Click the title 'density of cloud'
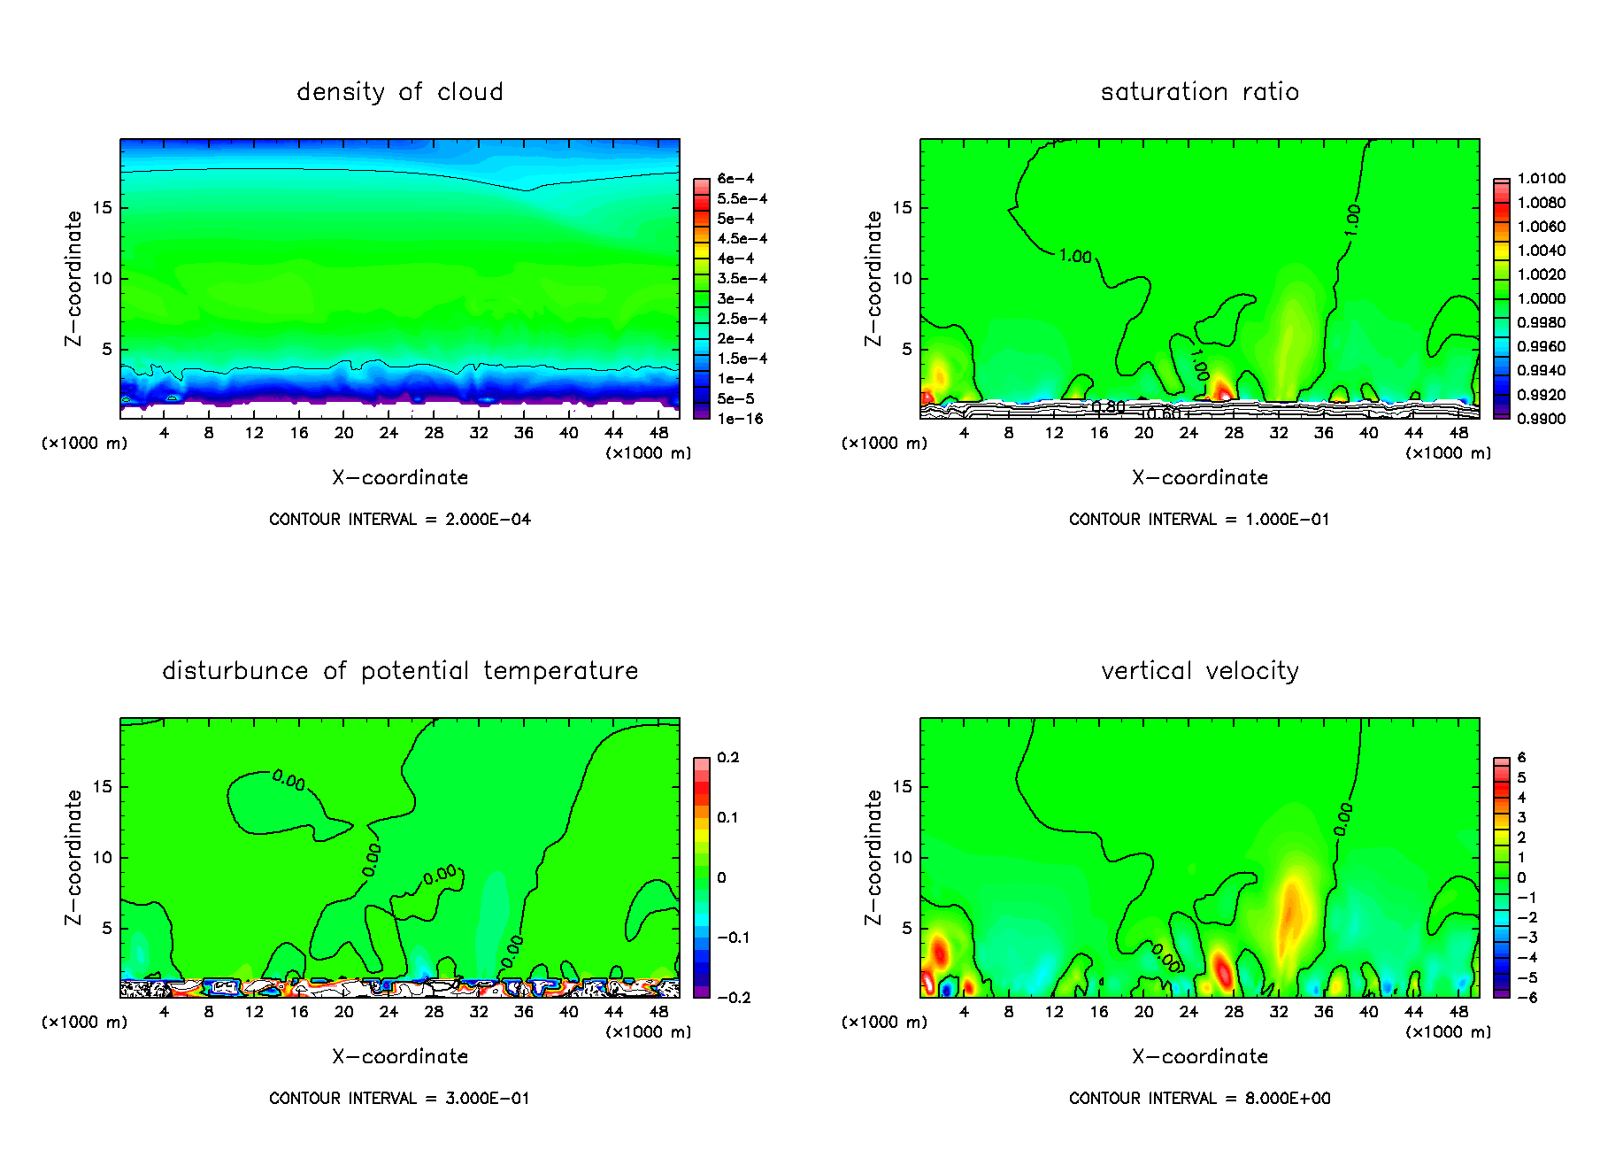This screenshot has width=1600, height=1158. [399, 92]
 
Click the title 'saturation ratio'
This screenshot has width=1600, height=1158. [1199, 92]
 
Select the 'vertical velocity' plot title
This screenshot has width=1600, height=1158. [1199, 671]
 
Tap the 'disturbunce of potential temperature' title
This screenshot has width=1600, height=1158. [399, 671]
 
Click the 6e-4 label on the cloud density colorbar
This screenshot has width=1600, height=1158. [735, 179]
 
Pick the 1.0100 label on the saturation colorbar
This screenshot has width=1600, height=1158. [1541, 179]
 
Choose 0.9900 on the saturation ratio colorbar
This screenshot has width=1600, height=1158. [1541, 419]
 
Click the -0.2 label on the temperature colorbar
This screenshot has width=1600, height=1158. [734, 998]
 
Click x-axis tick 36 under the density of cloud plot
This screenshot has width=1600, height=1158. [524, 433]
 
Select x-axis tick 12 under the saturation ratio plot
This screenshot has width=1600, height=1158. [1054, 433]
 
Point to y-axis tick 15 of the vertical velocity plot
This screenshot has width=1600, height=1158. [902, 787]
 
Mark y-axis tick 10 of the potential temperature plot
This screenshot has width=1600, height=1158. [102, 858]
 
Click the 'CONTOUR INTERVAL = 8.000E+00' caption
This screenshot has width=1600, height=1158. [1199, 1099]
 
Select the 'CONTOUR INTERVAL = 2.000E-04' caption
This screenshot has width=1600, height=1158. [399, 520]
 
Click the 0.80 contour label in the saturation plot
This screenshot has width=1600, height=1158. [1108, 407]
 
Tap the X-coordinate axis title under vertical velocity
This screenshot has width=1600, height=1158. [1199, 1057]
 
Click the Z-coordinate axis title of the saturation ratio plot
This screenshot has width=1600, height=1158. [873, 278]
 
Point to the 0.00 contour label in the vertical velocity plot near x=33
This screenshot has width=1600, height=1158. [1343, 819]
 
